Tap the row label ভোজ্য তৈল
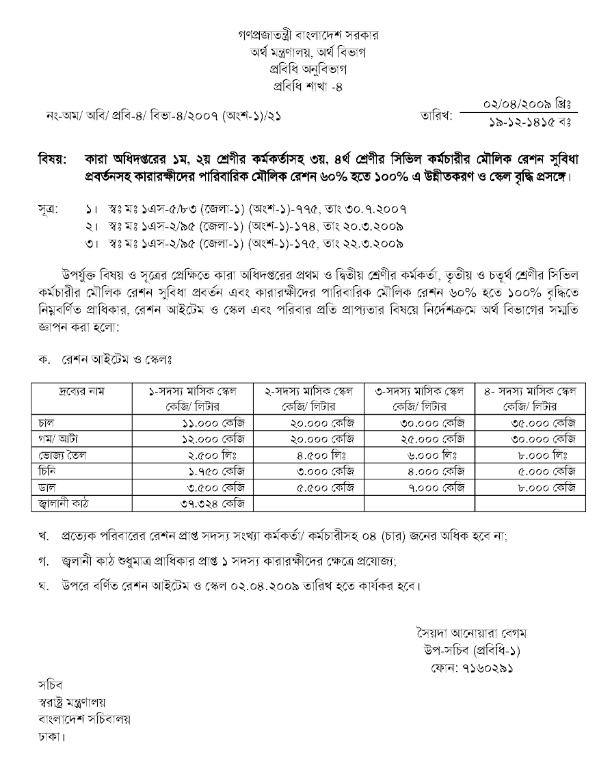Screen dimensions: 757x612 coord(59,455)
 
